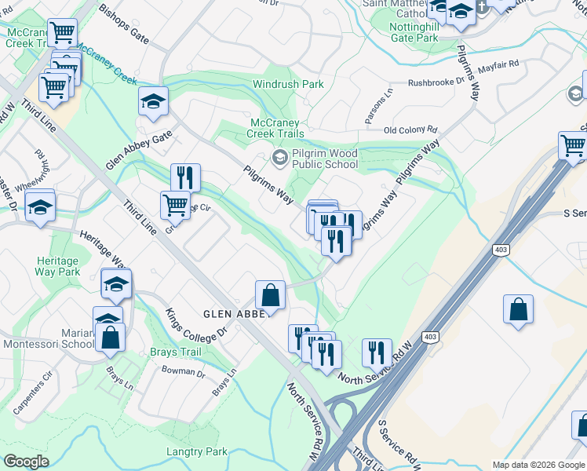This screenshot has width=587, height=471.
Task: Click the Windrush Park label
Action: (288, 84)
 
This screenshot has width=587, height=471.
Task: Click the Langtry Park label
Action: (197, 451)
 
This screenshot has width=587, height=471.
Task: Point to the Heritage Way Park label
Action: (58, 266)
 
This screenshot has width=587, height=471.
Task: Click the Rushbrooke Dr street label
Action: (440, 82)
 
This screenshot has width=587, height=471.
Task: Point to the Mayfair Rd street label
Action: (498, 66)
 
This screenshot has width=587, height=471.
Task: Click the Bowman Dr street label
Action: (182, 373)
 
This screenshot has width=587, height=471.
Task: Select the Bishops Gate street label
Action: (124, 24)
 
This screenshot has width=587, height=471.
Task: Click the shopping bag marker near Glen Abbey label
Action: (270, 296)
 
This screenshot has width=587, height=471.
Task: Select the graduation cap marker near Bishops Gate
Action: (154, 100)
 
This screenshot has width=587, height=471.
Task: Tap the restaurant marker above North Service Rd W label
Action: (377, 352)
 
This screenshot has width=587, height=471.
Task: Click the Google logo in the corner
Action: (26, 462)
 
